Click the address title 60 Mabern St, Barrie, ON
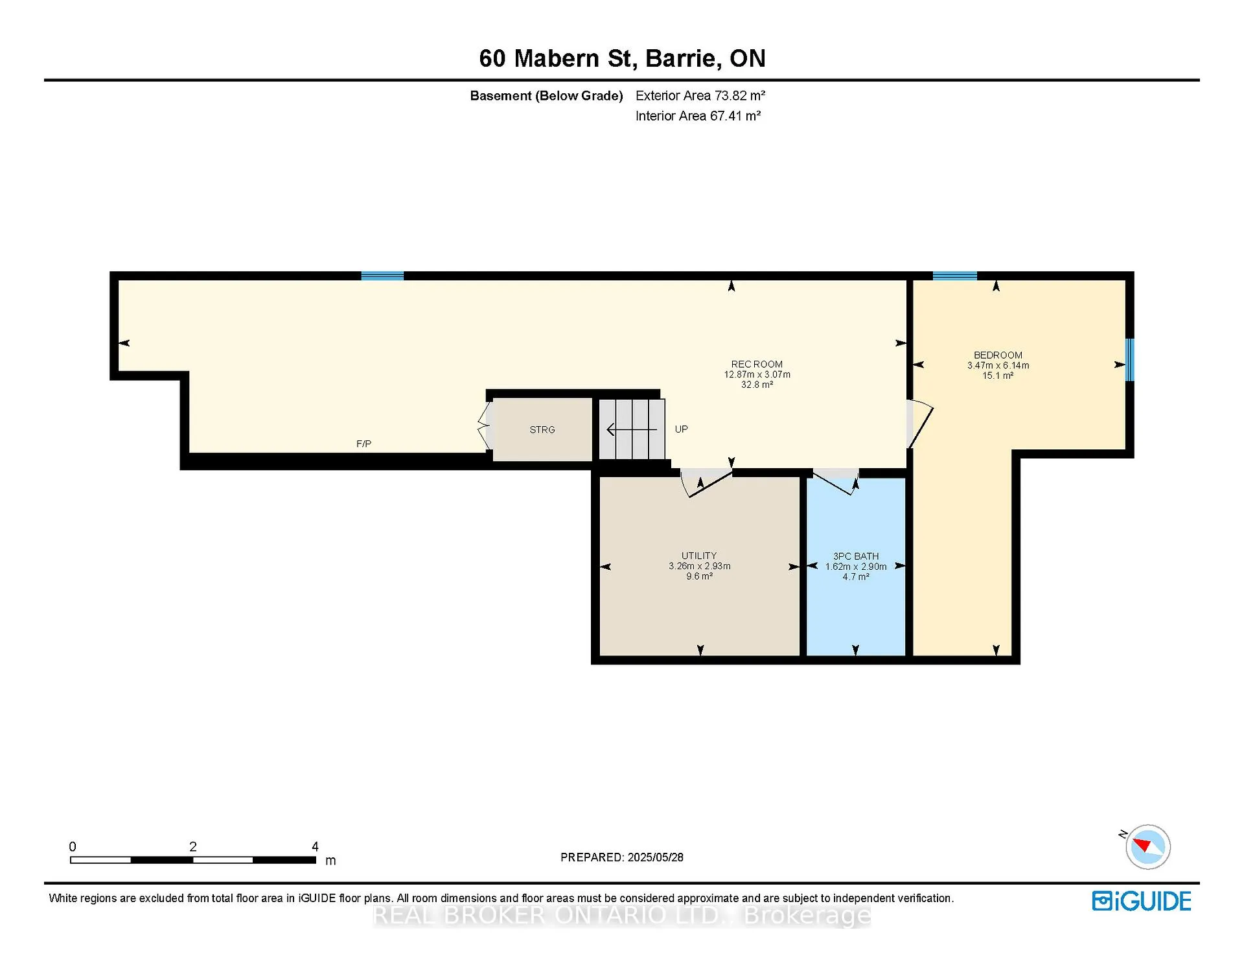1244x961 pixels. coord(622,58)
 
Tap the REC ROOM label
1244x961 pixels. coord(757,365)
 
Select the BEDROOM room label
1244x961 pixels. coord(998,356)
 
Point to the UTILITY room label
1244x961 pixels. coord(699,556)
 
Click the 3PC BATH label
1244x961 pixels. coord(856,556)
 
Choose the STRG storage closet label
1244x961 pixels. coord(542,430)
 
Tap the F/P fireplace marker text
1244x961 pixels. coord(363,444)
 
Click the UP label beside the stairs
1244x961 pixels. coord(681,429)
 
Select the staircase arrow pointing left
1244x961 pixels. coord(632,429)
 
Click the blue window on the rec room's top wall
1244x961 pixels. coord(382,276)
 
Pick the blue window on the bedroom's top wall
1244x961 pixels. coord(954,276)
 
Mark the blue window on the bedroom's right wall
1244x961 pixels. coord(1130,359)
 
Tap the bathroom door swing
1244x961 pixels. coord(835,482)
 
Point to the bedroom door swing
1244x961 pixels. coord(920,424)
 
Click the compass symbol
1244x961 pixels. coord(1147,846)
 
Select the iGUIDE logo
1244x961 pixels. coord(1142,901)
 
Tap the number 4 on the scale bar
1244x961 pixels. coord(315,846)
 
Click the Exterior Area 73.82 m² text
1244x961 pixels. coord(700,96)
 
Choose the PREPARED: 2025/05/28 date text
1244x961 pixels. coord(622,857)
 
